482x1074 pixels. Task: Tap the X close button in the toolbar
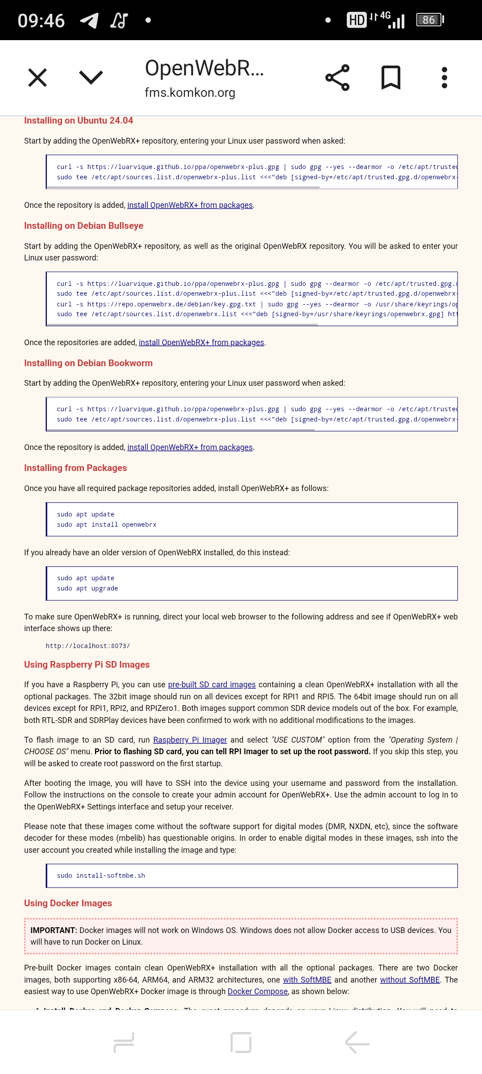[x=37, y=78]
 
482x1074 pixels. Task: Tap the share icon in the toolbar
[x=337, y=78]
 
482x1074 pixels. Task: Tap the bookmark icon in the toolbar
[x=391, y=78]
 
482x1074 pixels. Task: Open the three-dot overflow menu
[x=444, y=78]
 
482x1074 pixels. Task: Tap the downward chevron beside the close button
[x=91, y=78]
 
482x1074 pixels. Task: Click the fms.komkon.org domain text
[x=190, y=93]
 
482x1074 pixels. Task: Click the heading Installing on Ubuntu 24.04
[x=79, y=120]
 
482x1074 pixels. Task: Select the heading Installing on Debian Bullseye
[x=83, y=226]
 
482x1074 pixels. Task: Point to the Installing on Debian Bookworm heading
[x=88, y=363]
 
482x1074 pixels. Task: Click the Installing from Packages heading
[x=75, y=468]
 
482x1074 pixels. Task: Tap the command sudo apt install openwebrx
[x=107, y=525]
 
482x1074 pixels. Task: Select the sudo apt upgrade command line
[x=87, y=588]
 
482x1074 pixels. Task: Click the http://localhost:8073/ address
[x=87, y=646]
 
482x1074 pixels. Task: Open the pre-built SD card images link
[x=212, y=685]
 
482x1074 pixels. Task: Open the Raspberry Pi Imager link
[x=190, y=740]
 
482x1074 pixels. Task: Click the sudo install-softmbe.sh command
[x=101, y=876]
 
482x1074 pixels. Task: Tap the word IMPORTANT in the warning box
[x=54, y=930]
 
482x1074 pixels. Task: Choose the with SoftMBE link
[x=307, y=980]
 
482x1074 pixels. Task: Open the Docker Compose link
[x=258, y=991]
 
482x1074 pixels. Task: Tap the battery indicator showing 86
[x=429, y=20]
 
